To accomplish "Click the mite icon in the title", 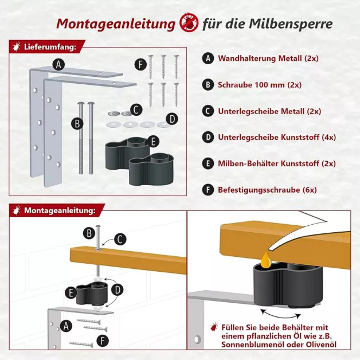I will (x=188, y=24).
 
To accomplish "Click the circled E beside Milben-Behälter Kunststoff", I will (x=208, y=163).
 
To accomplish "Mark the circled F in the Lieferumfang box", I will (x=140, y=64).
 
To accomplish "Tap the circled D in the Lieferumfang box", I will (x=171, y=120).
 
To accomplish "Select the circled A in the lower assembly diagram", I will (x=66, y=326).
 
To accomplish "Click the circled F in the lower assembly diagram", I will (x=102, y=342).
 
